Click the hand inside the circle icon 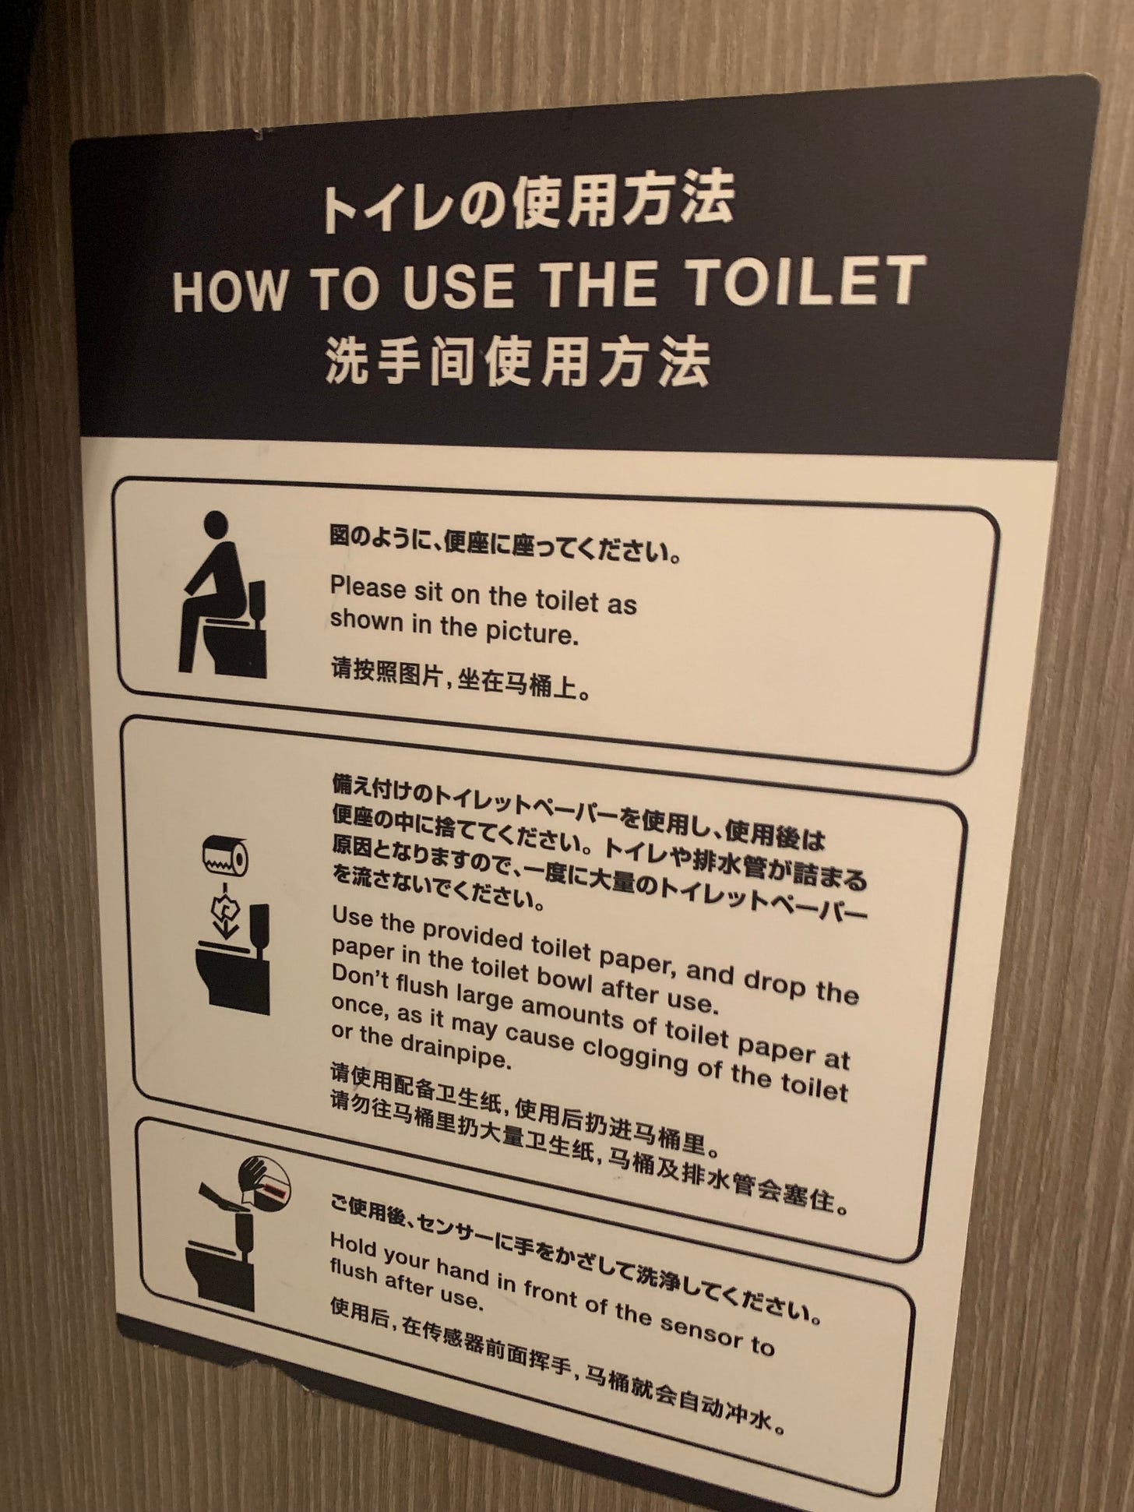pos(259,1178)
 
